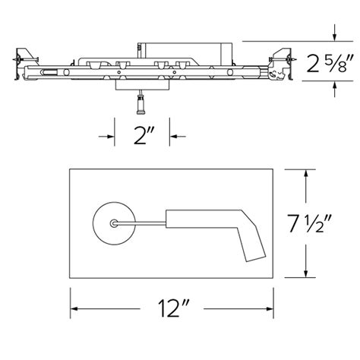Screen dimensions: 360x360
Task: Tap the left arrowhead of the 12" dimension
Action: pyautogui.click(x=77, y=308)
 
